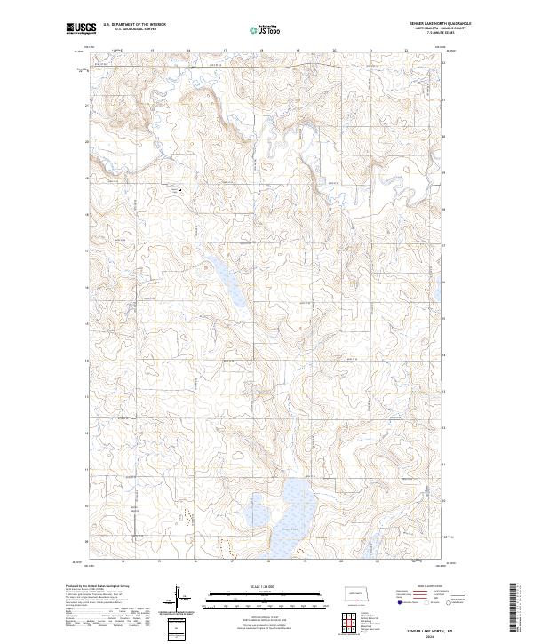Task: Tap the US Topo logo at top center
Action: (266, 29)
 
